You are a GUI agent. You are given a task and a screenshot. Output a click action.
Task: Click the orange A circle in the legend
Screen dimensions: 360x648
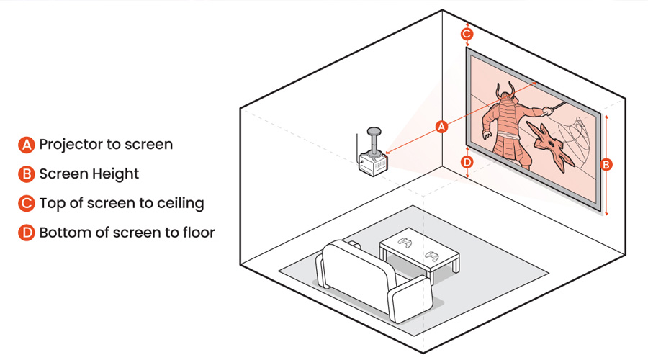coord(26,145)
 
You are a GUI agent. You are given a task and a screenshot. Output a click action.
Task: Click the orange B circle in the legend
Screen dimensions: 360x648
coord(26,174)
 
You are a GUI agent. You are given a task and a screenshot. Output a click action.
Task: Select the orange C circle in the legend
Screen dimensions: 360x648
coord(26,204)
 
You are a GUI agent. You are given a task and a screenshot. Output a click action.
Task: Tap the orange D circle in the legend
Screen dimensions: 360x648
coord(26,233)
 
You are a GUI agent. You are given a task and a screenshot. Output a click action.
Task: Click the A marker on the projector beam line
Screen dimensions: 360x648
coord(443,127)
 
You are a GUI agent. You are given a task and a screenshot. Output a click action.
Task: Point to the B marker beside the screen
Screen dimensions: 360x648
coord(606,165)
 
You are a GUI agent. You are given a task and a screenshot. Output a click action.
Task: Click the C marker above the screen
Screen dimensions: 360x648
coord(467,34)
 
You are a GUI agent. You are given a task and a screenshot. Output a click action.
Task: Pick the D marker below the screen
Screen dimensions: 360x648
coord(467,162)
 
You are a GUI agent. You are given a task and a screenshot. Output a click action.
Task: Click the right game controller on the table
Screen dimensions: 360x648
coord(433,255)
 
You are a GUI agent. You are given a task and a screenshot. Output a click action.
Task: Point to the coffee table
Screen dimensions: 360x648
coord(420,252)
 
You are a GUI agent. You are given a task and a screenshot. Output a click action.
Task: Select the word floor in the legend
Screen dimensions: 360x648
coord(197,233)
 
